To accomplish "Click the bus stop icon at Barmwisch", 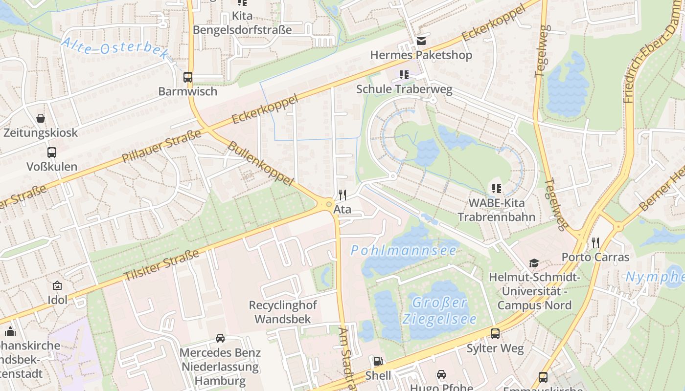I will pos(188,77).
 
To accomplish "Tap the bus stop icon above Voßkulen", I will pos(52,152).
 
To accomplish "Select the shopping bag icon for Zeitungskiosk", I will pos(41,118).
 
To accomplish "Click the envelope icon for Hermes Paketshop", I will pos(421,41).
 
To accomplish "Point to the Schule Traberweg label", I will pos(404,89).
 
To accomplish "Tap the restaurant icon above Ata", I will pos(342,195).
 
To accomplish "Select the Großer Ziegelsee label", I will pos(439,311).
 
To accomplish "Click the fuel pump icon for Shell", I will pos(378,361).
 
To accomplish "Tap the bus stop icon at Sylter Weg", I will pos(495,334).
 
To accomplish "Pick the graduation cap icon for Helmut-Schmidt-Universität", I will pos(534,263).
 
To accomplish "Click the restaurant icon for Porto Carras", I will pos(595,242).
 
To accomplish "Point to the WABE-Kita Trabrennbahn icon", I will pos(497,188).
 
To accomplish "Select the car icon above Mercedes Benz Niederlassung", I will pos(220,338).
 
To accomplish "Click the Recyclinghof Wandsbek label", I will pos(283,312).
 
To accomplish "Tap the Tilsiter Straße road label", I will pos(161,265).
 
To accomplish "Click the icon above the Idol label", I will pos(57,285).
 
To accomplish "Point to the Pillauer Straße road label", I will pos(161,147).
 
